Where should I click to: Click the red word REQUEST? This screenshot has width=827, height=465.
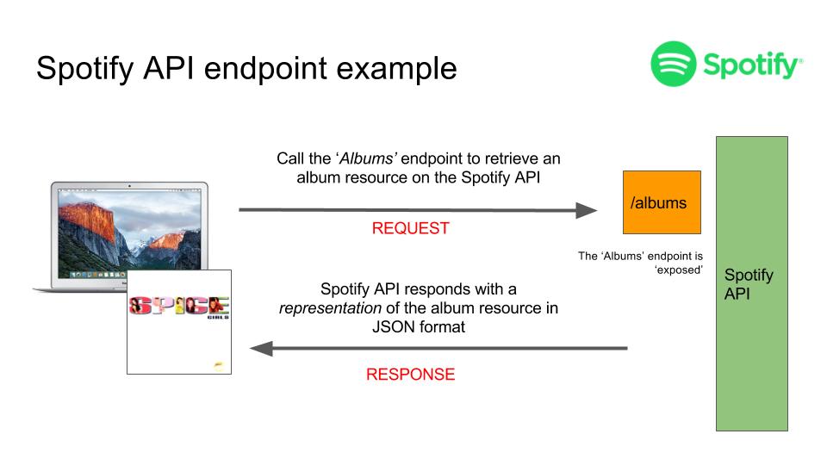410,229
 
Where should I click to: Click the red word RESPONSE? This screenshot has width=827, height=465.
410,375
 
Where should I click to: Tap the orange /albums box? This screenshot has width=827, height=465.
662,202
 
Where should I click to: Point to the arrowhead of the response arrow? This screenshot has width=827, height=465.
261,349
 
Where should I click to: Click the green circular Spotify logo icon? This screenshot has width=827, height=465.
674,63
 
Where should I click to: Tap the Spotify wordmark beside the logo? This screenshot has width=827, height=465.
751,65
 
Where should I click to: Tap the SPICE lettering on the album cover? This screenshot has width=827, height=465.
178,307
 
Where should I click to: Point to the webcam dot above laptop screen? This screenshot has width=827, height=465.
129,185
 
